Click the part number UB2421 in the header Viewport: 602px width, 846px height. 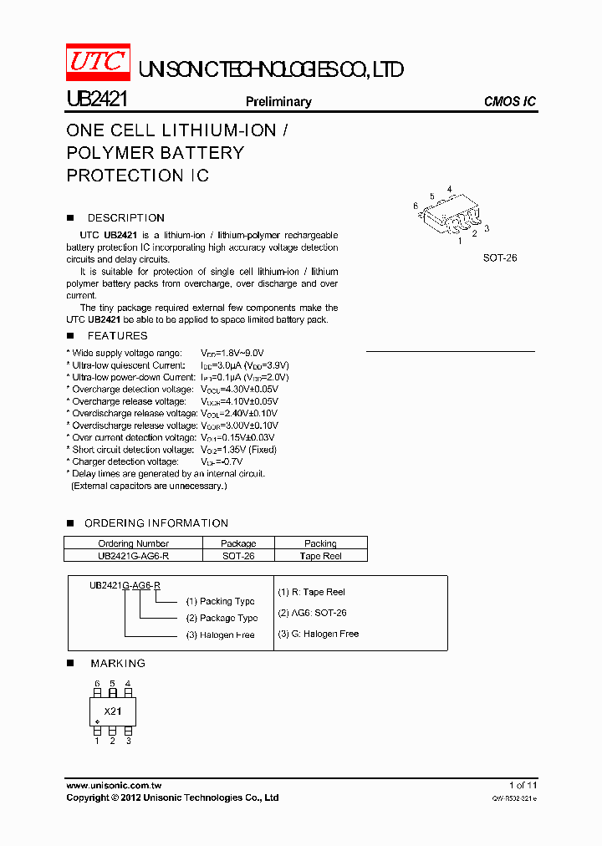click(x=96, y=100)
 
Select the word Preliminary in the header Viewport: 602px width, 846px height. click(x=278, y=102)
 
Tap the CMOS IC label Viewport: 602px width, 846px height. click(x=509, y=102)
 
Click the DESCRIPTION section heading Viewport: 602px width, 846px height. click(x=125, y=218)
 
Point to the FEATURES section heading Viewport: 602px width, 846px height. click(x=117, y=336)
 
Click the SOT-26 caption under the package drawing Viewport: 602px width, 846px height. click(x=499, y=258)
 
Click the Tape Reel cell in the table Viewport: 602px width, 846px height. click(x=320, y=556)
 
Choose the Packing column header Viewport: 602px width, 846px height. click(x=320, y=543)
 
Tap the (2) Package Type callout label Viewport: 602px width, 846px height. click(x=222, y=619)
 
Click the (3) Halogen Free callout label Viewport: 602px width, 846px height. click(x=221, y=635)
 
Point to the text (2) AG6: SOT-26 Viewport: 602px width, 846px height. click(x=312, y=613)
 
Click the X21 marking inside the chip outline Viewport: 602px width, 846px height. click(x=113, y=711)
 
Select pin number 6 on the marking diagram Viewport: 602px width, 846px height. click(x=97, y=684)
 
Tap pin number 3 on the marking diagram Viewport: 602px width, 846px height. click(x=128, y=741)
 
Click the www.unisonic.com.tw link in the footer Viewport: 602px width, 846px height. click(x=113, y=786)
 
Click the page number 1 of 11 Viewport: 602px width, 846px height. click(x=523, y=786)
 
